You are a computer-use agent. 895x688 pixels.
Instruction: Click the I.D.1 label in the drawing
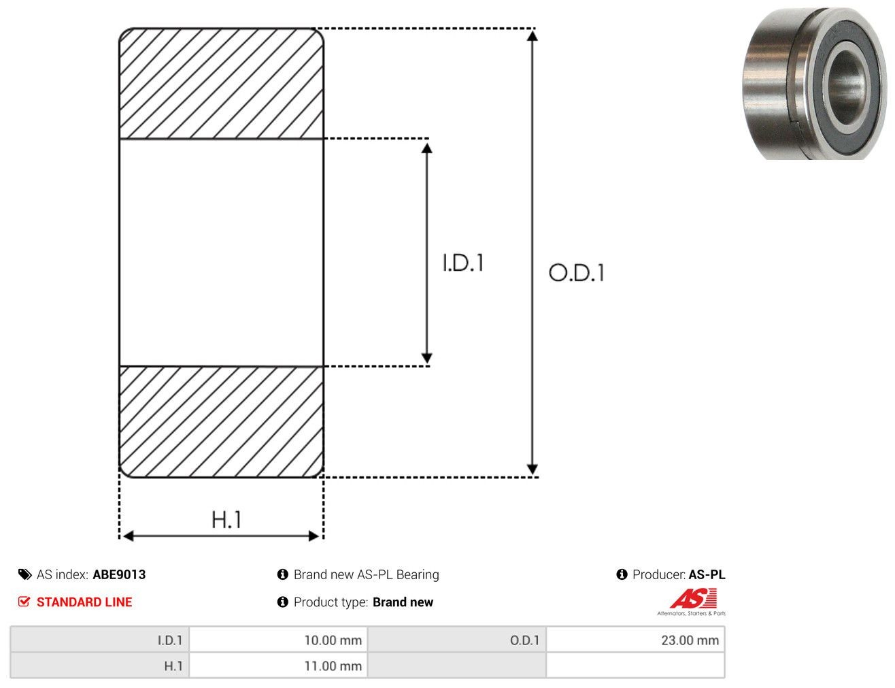(463, 263)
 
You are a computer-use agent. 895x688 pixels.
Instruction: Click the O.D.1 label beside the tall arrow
(577, 273)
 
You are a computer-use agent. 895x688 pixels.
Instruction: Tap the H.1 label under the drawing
(226, 519)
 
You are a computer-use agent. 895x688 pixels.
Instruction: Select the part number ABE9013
(119, 574)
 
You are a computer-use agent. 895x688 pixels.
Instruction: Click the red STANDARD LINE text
(84, 602)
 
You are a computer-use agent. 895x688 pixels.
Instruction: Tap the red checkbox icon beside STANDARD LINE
(24, 602)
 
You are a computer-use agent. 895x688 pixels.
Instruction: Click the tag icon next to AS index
(24, 574)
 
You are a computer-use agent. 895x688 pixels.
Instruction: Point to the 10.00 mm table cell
(278, 640)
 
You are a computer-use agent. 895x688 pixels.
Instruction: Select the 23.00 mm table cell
(635, 640)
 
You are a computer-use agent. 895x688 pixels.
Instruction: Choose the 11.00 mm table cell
(278, 666)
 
